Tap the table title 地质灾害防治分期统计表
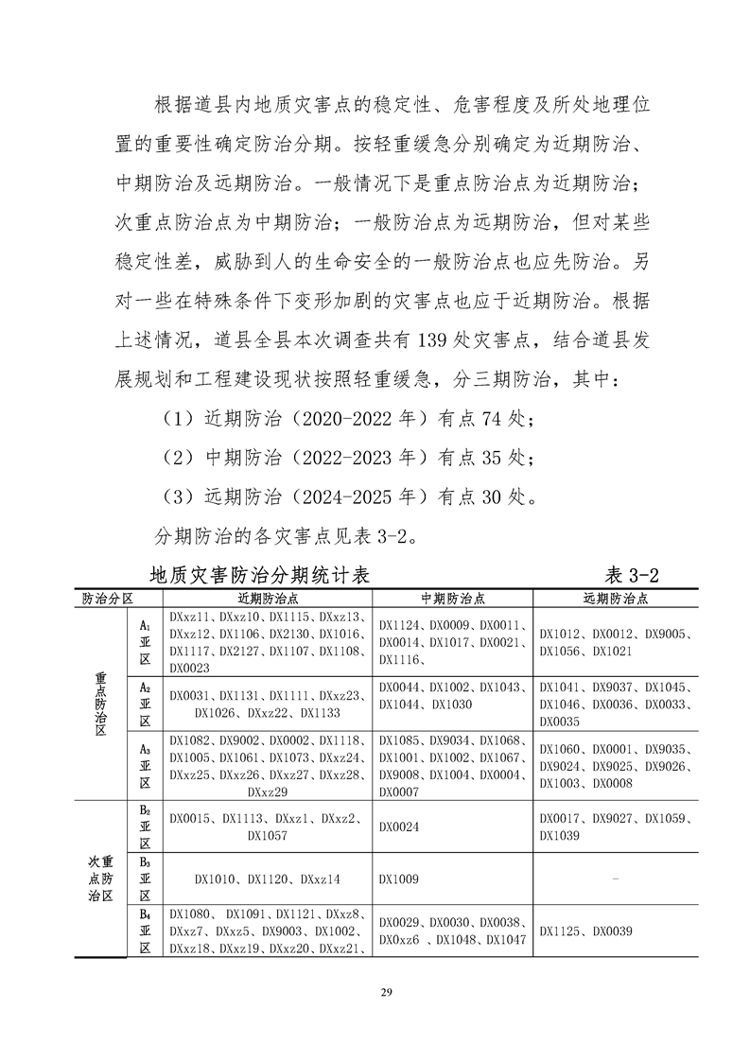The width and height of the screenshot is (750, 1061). [x=259, y=575]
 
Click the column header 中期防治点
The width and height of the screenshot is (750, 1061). [x=452, y=599]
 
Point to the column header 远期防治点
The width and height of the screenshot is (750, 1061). [x=615, y=599]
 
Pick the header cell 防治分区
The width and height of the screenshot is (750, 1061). [x=106, y=599]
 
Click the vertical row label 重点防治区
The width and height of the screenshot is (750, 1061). [x=100, y=704]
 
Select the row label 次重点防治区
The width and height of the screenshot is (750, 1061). [x=100, y=879]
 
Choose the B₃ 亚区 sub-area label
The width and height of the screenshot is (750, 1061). [x=146, y=879]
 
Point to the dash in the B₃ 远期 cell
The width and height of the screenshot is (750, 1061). [x=616, y=879]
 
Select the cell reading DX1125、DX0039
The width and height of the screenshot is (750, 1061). [x=585, y=931]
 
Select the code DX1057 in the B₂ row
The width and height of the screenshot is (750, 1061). [x=268, y=836]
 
